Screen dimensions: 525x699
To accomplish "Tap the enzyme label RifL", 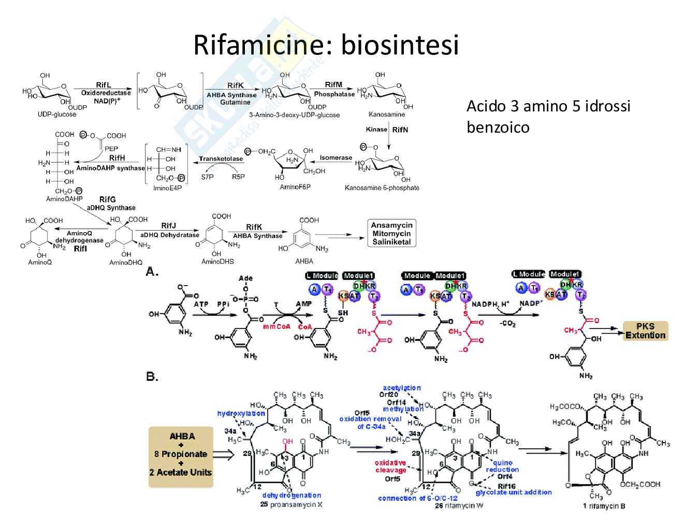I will point(104,85).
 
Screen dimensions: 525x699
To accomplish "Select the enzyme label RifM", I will point(333,84).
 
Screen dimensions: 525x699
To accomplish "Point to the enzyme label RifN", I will point(400,130).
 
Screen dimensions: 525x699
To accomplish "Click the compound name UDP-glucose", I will point(57,114).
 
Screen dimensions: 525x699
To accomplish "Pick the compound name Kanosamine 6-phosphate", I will point(382,188).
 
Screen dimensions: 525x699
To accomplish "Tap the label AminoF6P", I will point(295,187).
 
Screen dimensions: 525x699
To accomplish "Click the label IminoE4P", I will point(167,188).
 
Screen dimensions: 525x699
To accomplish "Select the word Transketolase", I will point(221,159).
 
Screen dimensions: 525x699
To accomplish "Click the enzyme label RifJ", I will point(168,225).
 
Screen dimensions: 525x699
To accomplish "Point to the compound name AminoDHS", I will point(217,262).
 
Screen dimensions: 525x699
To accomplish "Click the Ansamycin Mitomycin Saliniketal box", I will point(391,233).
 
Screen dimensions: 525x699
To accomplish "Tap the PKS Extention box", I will point(645,331).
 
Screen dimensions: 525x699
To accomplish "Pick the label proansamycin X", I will point(296,504).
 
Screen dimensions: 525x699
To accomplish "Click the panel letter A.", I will point(152,271).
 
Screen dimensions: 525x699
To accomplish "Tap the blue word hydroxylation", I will point(241,413).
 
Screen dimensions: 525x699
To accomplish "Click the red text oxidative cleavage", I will point(390,466).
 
